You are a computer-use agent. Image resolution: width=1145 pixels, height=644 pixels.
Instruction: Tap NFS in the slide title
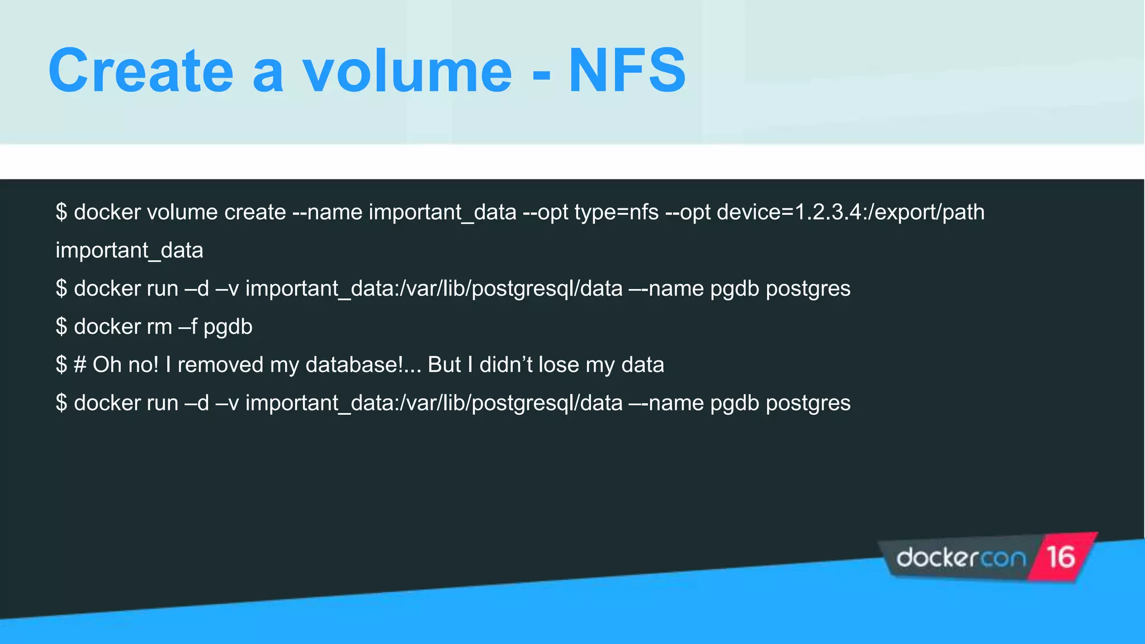627,71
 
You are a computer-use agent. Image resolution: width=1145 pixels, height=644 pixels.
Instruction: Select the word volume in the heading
407,71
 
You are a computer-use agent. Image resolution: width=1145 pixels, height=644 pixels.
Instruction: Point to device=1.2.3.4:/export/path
850,212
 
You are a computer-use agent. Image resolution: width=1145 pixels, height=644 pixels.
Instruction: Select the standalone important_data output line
129,250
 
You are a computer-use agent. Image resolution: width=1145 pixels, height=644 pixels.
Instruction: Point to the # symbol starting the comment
80,365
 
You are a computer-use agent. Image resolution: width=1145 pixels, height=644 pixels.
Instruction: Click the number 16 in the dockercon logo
1061,557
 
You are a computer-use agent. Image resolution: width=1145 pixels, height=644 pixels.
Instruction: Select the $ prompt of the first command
61,212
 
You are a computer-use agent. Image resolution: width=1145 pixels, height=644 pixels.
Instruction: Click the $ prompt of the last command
61,403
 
